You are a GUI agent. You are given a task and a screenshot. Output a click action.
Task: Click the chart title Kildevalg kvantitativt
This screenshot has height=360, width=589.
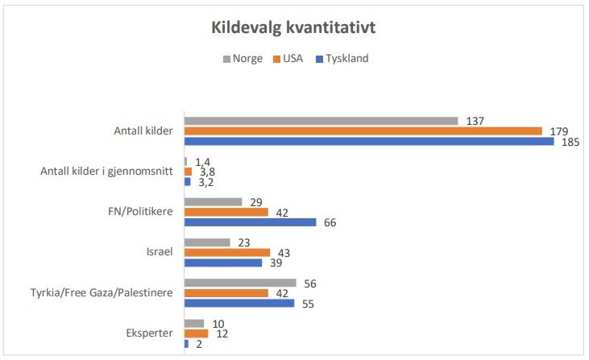[x=293, y=27]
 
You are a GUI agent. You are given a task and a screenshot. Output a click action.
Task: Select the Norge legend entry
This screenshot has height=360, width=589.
[x=243, y=59]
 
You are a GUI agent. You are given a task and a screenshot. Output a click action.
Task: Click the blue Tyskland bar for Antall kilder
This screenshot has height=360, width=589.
[x=369, y=141]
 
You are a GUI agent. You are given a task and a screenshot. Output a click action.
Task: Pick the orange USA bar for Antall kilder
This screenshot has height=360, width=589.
[x=363, y=131]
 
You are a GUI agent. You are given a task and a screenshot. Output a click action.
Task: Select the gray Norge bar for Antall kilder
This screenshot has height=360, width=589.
[x=321, y=121]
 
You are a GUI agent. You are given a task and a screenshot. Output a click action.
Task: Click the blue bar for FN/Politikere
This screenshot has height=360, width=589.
[x=251, y=222]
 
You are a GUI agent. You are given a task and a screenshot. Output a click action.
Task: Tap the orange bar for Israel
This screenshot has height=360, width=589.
[x=227, y=252]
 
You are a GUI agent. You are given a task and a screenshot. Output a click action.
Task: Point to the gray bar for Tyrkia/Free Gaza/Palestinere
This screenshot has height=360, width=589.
[x=240, y=283]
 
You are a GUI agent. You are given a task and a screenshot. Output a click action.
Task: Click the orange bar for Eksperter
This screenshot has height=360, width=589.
[x=196, y=333]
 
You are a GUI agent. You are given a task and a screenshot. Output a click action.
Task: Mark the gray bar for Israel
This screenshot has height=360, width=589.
[x=207, y=242]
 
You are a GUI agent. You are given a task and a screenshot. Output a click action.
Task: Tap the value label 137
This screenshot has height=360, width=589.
[x=475, y=122]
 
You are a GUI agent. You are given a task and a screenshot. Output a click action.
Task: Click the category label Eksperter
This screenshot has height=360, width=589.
[x=149, y=333]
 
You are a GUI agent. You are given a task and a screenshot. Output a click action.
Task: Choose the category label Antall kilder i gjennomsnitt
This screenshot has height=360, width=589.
[x=107, y=172]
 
